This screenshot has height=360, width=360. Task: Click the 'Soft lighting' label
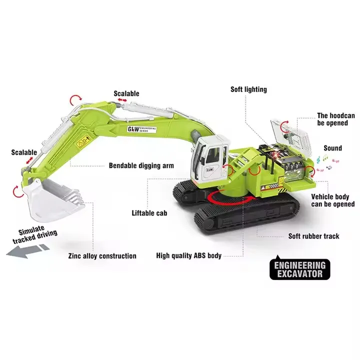(248, 89)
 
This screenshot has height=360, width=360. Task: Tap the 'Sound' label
(332, 148)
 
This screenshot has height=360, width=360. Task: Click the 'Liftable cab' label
(149, 212)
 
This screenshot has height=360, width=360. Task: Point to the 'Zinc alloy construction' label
(102, 256)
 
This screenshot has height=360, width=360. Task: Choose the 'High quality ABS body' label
(188, 255)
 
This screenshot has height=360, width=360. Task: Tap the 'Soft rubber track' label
(313, 236)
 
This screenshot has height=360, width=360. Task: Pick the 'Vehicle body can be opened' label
(332, 200)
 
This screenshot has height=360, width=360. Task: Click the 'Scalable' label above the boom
(126, 93)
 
